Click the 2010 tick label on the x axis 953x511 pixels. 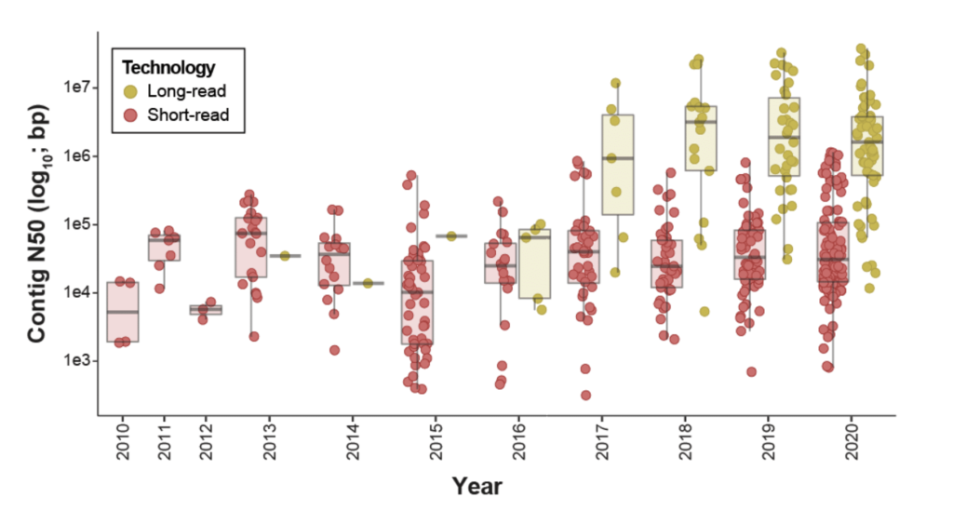pyautogui.click(x=123, y=442)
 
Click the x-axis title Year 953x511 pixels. pyautogui.click(x=477, y=486)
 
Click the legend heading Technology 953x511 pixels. pyautogui.click(x=169, y=68)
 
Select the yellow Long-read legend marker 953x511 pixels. pyautogui.click(x=131, y=91)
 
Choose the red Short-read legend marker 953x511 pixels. pyautogui.click(x=131, y=114)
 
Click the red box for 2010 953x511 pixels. pyautogui.click(x=123, y=312)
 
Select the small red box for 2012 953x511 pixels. pyautogui.click(x=206, y=310)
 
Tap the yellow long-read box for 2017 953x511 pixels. pyautogui.click(x=617, y=164)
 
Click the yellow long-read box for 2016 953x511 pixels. pyautogui.click(x=534, y=263)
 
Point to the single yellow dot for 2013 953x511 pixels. pyautogui.click(x=286, y=255)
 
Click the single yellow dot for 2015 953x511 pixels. pyautogui.click(x=451, y=236)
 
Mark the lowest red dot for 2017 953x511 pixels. pyautogui.click(x=586, y=396)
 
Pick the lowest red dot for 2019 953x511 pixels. pyautogui.click(x=751, y=371)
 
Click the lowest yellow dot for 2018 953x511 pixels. pyautogui.click(x=705, y=312)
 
